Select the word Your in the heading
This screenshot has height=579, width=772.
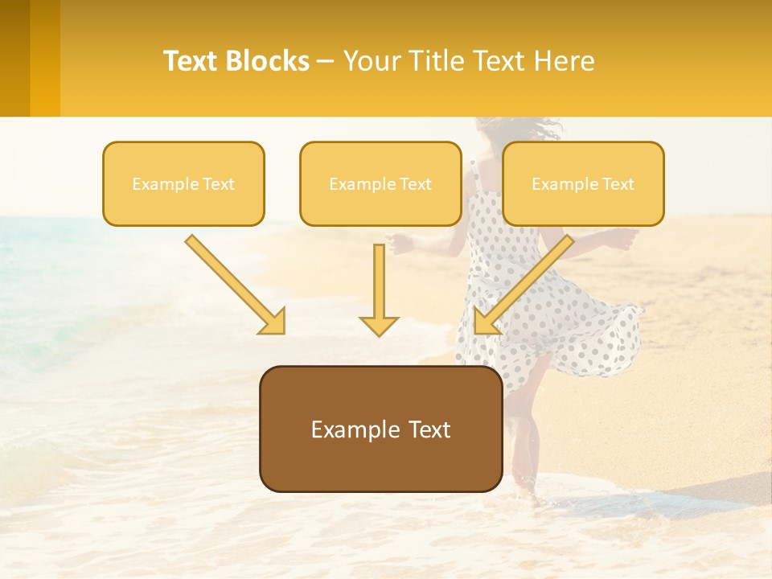[x=368, y=61]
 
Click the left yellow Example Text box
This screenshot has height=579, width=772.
[x=183, y=183]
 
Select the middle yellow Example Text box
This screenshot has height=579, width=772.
[x=380, y=183]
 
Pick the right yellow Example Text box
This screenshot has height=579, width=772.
[x=583, y=183]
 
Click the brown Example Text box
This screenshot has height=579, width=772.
[x=380, y=429]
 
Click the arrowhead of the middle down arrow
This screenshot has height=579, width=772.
[x=380, y=325]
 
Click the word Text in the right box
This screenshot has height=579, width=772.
[x=618, y=184]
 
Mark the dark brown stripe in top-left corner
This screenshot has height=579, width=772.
[x=14, y=58]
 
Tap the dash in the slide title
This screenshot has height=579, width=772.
[x=326, y=62]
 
